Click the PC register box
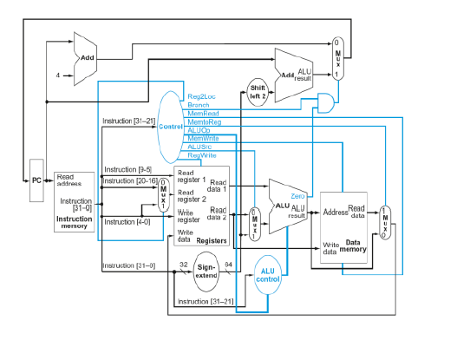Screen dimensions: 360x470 [x=36, y=180]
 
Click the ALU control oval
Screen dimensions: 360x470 [x=267, y=275]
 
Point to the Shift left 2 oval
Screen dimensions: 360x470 [x=258, y=91]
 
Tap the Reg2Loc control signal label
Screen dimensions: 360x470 [x=201, y=96]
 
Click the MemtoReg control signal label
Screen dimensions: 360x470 [x=204, y=122]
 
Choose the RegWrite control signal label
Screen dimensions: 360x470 [x=202, y=155]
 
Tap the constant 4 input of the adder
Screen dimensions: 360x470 [x=58, y=75]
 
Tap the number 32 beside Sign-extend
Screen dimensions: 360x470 [x=183, y=264]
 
